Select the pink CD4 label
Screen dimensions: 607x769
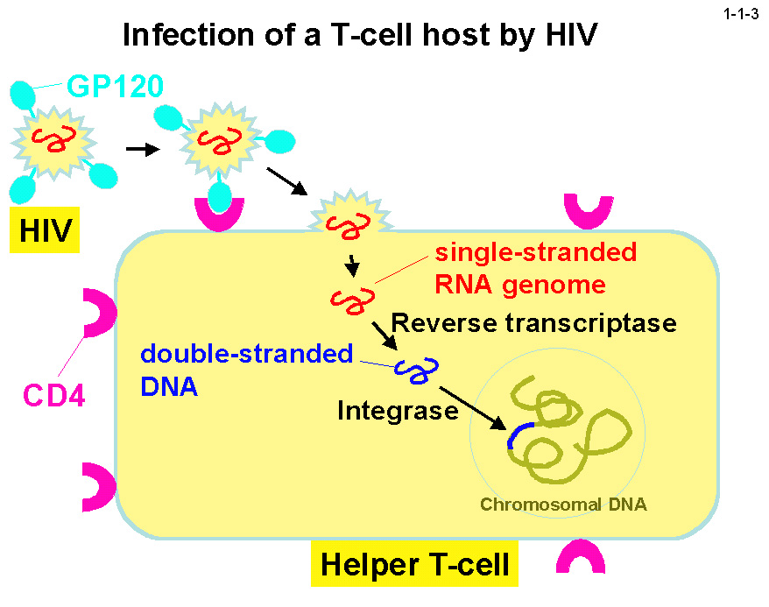(x=53, y=397)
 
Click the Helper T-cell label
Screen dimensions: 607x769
(x=414, y=563)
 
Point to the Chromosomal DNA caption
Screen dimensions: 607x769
(x=557, y=505)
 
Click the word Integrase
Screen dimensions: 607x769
(x=398, y=409)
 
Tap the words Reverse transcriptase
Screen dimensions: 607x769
(x=533, y=322)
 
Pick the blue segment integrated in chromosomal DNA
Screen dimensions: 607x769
(x=518, y=433)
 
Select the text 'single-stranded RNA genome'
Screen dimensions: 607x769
(x=536, y=268)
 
